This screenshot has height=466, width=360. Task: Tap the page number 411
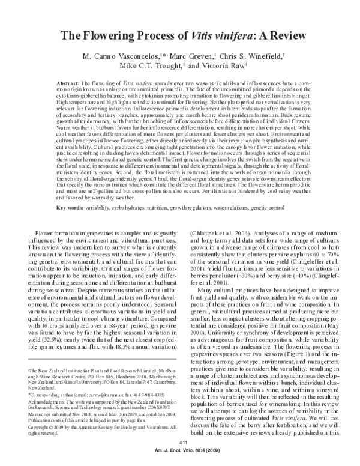(180, 441)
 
